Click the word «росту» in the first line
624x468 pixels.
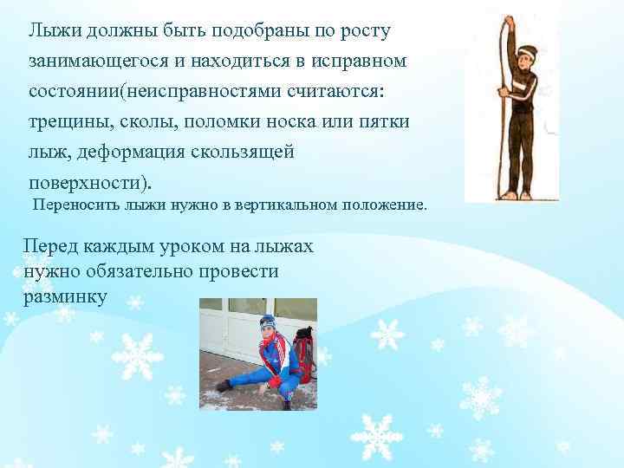(359, 31)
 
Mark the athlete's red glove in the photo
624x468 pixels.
(276, 381)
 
